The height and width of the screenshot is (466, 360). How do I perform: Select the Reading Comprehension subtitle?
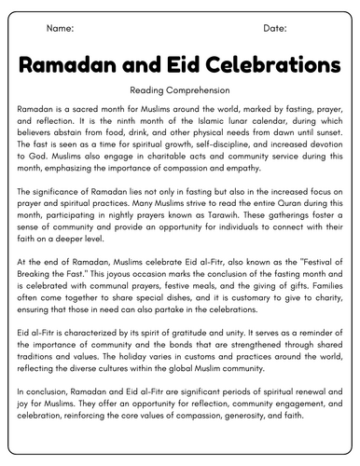tap(180, 92)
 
